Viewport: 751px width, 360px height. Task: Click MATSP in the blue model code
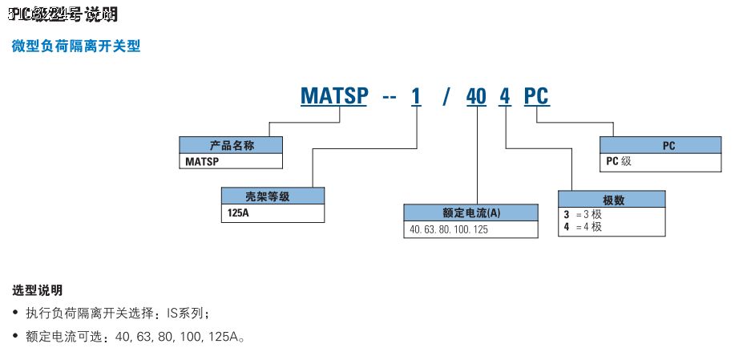click(334, 97)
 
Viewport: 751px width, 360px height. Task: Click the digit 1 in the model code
click(415, 97)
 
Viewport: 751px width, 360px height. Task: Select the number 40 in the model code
click(476, 97)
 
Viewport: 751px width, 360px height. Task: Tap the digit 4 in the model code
click(505, 97)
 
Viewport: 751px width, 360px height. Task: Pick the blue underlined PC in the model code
click(536, 97)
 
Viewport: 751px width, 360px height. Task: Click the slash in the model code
click(447, 97)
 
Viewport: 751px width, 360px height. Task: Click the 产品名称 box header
click(231, 145)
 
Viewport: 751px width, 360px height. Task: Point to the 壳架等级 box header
click(273, 195)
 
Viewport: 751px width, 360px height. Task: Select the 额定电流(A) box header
click(471, 212)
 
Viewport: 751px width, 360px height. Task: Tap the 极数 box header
click(613, 199)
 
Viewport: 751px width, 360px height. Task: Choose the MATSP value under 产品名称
click(202, 161)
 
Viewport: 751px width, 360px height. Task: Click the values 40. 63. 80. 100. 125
click(449, 229)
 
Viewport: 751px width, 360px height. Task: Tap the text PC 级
click(619, 160)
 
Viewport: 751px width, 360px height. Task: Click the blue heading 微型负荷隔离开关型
click(76, 47)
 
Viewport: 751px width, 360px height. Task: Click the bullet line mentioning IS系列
click(120, 313)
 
